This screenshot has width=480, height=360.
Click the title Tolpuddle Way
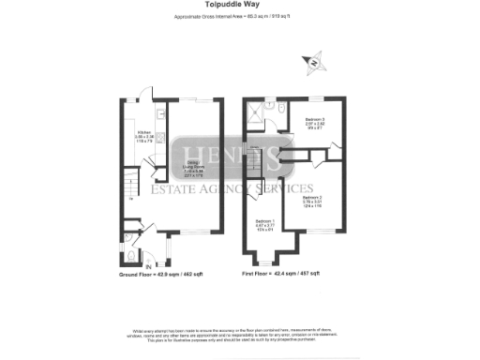click(239, 5)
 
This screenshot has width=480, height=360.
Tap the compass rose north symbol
click(316, 64)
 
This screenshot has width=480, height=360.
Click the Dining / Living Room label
click(193, 169)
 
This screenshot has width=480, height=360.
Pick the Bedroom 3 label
click(315, 122)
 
